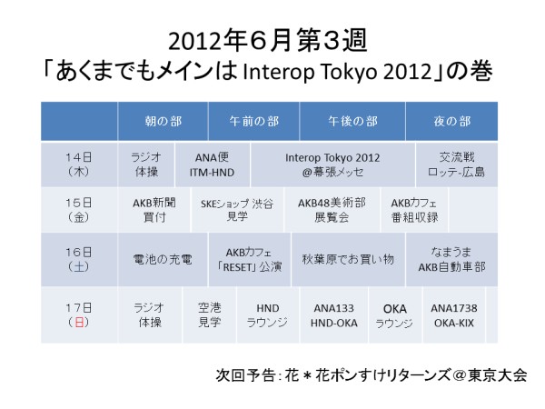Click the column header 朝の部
point(163,122)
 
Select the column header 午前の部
point(253,122)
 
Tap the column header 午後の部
point(352,122)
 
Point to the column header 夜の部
point(451,122)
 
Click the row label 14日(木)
point(79,165)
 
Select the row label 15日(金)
point(79,210)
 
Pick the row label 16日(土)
point(79,259)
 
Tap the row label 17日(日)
point(79,315)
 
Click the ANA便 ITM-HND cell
point(212,165)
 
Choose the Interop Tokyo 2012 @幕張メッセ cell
point(332,165)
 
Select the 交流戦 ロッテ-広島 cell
point(457,165)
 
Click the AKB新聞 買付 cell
point(154,210)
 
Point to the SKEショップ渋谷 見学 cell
point(237,210)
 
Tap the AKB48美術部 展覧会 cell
point(332,210)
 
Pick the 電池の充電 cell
point(163,259)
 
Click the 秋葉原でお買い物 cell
point(348,259)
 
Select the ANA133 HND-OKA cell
point(334,315)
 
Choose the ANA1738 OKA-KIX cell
point(454,315)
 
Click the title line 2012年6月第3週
point(268,41)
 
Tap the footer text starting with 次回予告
point(372,374)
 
